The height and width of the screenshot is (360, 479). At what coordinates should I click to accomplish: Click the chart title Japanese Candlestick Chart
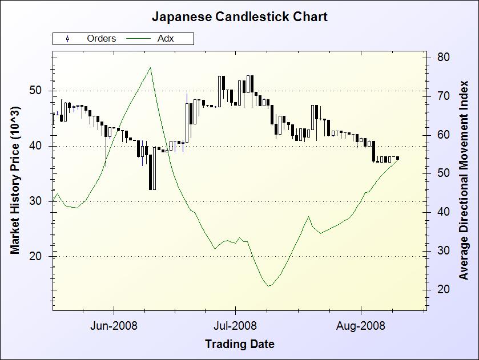[239, 17]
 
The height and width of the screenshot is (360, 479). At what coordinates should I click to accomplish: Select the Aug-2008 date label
[361, 326]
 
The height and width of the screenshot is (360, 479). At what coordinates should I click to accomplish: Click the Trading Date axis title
[239, 344]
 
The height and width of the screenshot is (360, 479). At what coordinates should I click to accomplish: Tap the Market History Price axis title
[15, 180]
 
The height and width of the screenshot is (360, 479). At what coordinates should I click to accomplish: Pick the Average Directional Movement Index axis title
[464, 180]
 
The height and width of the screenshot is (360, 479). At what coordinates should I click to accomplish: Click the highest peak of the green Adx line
[150, 68]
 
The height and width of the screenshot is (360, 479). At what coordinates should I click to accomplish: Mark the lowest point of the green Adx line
[268, 286]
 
